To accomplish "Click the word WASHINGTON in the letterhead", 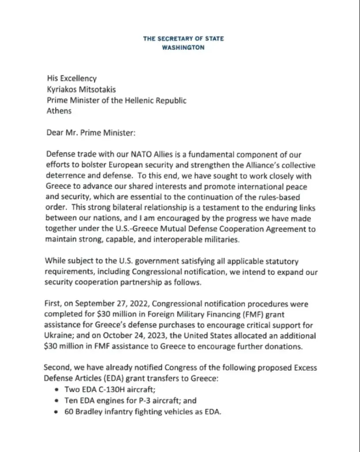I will point(183,48).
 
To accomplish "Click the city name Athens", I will point(59,111).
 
